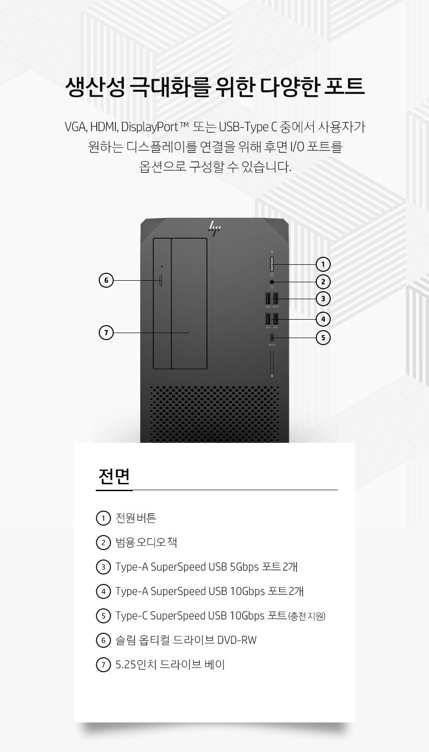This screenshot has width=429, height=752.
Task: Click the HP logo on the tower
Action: tap(214, 228)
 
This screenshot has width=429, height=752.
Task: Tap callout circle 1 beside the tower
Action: tap(323, 264)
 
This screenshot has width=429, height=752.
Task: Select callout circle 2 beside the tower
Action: tap(323, 282)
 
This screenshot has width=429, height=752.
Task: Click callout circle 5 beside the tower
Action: tap(323, 338)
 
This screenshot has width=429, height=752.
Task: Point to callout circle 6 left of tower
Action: tap(106, 280)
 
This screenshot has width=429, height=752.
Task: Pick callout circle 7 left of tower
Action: tap(106, 333)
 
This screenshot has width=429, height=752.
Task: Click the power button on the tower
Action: tap(272, 264)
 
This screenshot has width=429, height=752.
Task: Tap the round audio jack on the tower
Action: tap(272, 282)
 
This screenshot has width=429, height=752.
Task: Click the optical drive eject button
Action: tap(161, 280)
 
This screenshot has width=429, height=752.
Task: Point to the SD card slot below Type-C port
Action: tap(272, 362)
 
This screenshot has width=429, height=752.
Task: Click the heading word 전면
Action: tap(114, 476)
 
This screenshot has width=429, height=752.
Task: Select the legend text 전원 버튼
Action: tap(136, 518)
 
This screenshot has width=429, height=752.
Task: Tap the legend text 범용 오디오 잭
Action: tap(146, 542)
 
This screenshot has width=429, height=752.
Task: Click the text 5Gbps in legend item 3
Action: tap(244, 567)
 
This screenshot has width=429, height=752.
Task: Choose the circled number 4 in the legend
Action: tap(103, 591)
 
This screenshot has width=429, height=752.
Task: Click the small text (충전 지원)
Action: tap(307, 616)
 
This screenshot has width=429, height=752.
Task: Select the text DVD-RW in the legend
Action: tap(236, 640)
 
